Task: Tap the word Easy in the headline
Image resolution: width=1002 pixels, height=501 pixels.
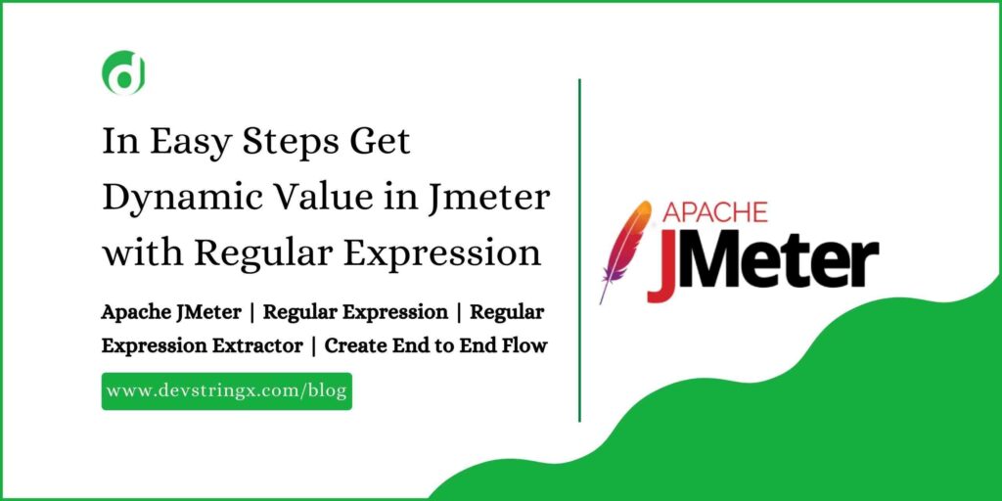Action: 193,142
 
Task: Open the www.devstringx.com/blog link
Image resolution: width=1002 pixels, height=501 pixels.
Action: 226,390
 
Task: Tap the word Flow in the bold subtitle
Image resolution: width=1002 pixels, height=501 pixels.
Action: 524,345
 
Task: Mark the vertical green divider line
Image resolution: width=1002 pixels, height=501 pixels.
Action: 579,250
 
